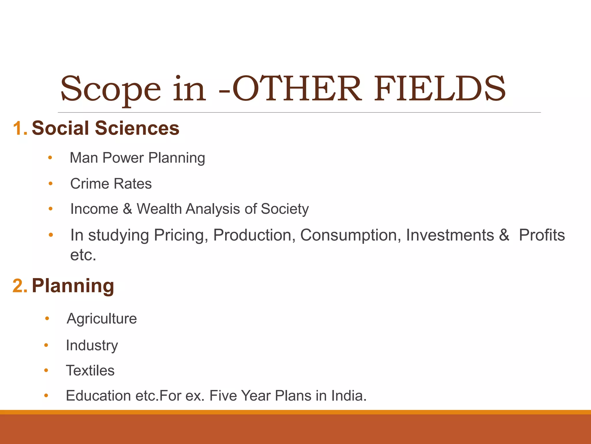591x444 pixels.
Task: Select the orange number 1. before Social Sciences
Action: (x=20, y=128)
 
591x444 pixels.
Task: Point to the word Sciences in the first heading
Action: (x=137, y=128)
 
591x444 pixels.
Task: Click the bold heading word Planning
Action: (x=73, y=286)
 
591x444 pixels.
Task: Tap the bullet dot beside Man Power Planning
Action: (x=50, y=158)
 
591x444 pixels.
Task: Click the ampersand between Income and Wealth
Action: (x=127, y=209)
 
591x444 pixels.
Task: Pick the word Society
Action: (x=285, y=209)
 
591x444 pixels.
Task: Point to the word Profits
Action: (x=542, y=235)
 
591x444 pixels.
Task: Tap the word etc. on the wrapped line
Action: (x=83, y=255)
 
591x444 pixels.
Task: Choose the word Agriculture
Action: (x=102, y=319)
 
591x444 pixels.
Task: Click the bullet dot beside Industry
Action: (x=46, y=345)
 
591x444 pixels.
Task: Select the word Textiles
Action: (x=90, y=371)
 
